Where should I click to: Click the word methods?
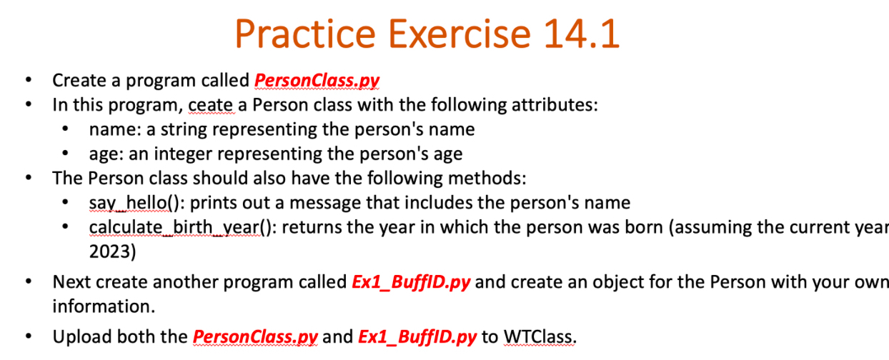click(486, 178)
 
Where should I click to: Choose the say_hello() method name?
click(132, 203)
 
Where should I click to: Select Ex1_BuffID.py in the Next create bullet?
click(411, 281)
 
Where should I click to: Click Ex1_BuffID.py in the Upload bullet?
click(417, 336)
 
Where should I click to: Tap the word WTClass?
click(538, 336)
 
